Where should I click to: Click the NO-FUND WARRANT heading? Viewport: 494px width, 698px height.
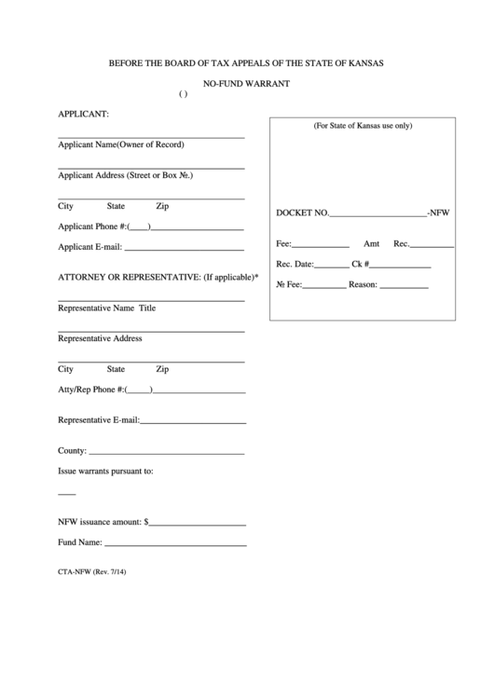246,84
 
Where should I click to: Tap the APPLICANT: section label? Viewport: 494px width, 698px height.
84,114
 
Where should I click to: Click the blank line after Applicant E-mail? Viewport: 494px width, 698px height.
184,249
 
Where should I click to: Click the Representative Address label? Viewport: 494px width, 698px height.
101,338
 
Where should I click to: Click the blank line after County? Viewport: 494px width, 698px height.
166,453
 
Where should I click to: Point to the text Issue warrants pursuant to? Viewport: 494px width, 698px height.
106,472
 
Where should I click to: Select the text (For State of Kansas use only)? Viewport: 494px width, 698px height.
363,125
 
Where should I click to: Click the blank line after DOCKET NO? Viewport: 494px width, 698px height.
377,215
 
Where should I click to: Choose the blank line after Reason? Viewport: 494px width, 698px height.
404,287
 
